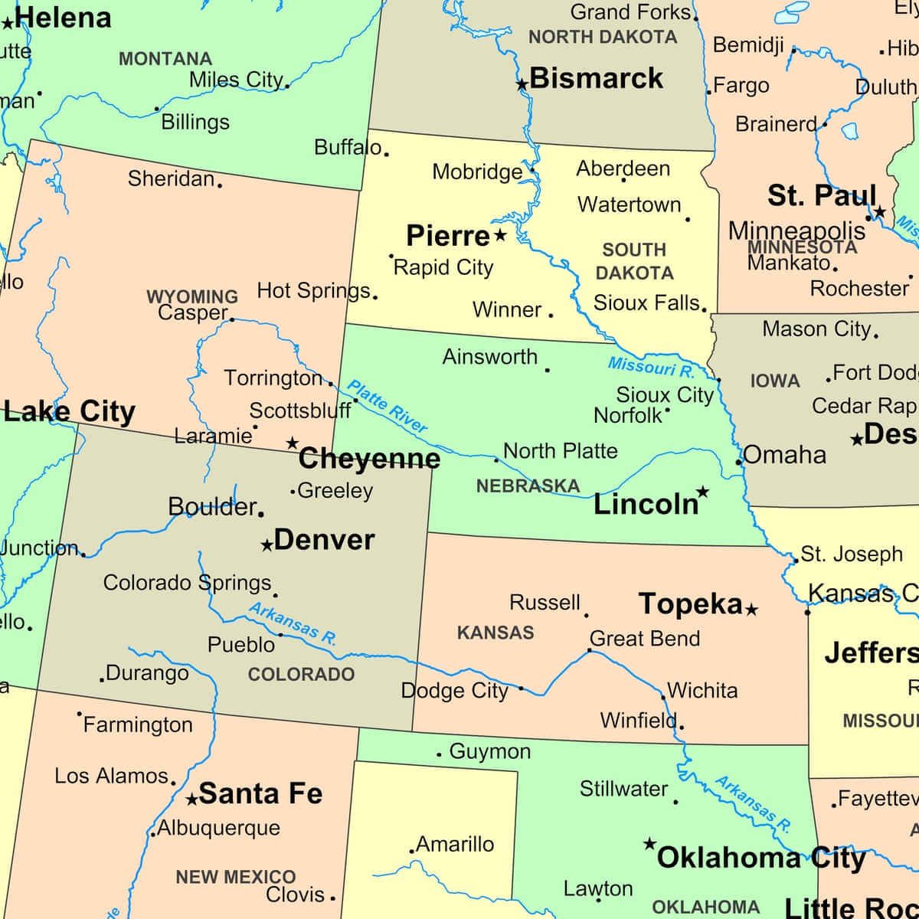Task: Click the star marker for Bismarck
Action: [522, 84]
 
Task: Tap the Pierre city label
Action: [447, 236]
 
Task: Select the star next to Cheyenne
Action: [292, 443]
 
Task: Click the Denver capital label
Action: [324, 540]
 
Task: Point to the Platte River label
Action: [387, 407]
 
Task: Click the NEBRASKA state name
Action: [528, 486]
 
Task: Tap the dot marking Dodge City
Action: [521, 688]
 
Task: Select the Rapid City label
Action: [443, 267]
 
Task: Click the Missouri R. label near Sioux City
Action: [651, 368]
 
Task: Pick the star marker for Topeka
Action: [752, 610]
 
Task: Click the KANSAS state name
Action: [495, 633]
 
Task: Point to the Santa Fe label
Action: [260, 793]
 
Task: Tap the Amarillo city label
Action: [455, 844]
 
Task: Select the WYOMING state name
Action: [192, 296]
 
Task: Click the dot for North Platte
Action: [496, 460]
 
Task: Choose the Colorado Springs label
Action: [188, 583]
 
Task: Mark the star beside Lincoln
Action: [702, 492]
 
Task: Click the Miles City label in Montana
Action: [236, 80]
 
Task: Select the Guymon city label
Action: [490, 751]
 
